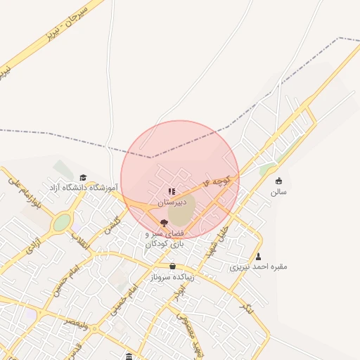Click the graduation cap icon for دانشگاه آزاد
[x=83, y=177]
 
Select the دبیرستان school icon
[x=171, y=191]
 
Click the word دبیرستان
[x=172, y=201]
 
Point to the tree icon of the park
[x=164, y=223]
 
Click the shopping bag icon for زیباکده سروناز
[x=173, y=266]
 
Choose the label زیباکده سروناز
[x=173, y=277]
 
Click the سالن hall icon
[x=278, y=181]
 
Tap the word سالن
[x=278, y=191]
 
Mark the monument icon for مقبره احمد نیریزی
[x=259, y=257]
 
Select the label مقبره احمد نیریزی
[x=259, y=267]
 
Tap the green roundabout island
[x=62, y=222]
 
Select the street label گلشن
[x=112, y=225]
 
